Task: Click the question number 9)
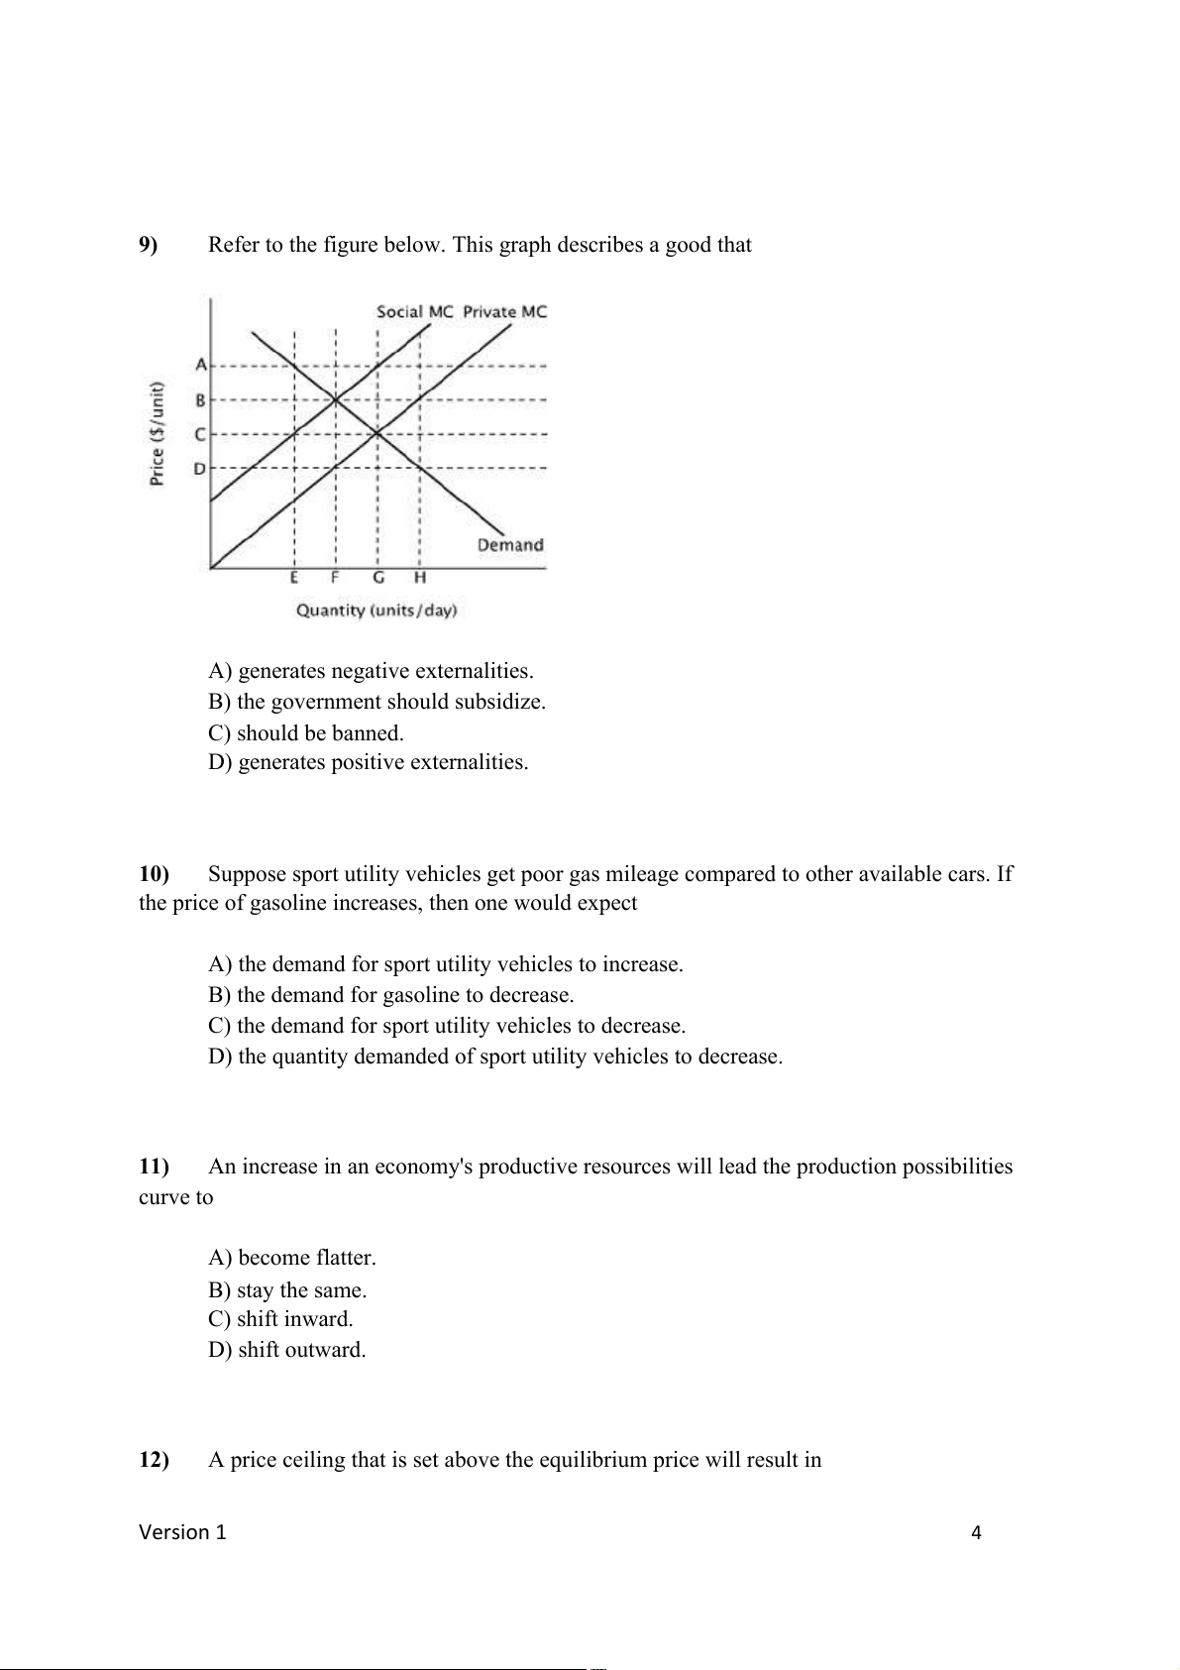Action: pyautogui.click(x=148, y=245)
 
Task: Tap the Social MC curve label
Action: pyautogui.click(x=414, y=311)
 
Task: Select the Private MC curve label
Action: pyautogui.click(x=504, y=311)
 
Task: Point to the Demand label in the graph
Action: pyautogui.click(x=510, y=545)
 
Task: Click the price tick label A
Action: pyautogui.click(x=201, y=365)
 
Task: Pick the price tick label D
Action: pyautogui.click(x=200, y=468)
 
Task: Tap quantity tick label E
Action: pyautogui.click(x=294, y=578)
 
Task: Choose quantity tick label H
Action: pyautogui.click(x=420, y=578)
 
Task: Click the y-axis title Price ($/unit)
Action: pyautogui.click(x=157, y=434)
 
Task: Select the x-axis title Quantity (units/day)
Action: pyautogui.click(x=376, y=611)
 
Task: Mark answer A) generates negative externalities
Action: pyautogui.click(x=371, y=671)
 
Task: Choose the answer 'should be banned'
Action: pyautogui.click(x=306, y=733)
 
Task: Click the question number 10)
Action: pyautogui.click(x=154, y=874)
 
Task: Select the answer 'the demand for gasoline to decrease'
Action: pyautogui.click(x=391, y=995)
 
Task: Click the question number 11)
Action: pyautogui.click(x=154, y=1167)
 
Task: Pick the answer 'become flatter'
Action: pyautogui.click(x=292, y=1258)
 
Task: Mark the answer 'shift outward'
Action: pyautogui.click(x=287, y=1350)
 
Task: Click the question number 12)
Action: pyautogui.click(x=154, y=1460)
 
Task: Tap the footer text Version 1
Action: pyautogui.click(x=182, y=1532)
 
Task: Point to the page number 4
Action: pyautogui.click(x=976, y=1533)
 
